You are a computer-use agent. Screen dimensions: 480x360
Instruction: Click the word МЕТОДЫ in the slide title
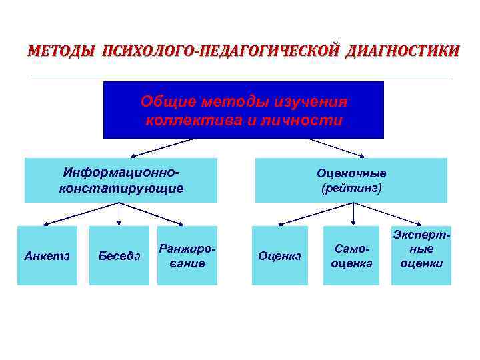click(61, 51)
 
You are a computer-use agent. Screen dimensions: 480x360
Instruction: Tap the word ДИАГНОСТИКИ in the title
click(402, 51)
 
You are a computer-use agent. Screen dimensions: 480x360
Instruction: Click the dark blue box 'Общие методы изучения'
click(243, 109)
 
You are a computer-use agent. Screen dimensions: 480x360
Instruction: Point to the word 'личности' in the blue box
click(312, 121)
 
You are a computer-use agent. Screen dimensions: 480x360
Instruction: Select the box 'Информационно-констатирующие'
click(121, 180)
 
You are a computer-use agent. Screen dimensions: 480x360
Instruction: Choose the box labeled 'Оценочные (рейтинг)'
click(351, 180)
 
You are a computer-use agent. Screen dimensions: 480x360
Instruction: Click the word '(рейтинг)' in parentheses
click(351, 189)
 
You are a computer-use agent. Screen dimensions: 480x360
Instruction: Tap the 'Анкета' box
click(47, 255)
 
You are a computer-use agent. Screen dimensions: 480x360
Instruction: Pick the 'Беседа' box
click(119, 255)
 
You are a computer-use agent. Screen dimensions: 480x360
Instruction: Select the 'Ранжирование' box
click(187, 255)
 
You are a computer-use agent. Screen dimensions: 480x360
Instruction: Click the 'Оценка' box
click(279, 255)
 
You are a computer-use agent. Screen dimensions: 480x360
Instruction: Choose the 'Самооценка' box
click(351, 255)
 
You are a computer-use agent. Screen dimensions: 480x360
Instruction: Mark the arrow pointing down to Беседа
click(119, 213)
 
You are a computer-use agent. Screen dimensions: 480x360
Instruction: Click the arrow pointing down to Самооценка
click(353, 213)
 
